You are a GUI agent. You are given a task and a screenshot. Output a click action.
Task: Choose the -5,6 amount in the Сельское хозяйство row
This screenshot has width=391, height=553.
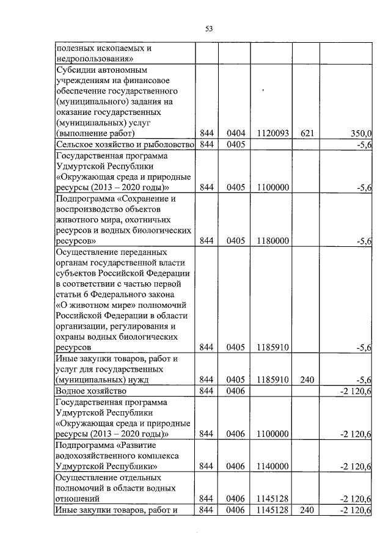tap(365, 144)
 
